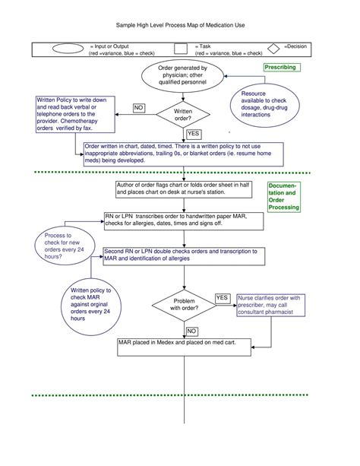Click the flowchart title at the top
181,25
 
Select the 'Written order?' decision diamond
183,115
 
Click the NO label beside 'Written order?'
139,108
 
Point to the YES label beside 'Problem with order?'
222,297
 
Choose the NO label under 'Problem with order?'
191,331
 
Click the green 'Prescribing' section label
280,68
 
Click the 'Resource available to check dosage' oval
262,103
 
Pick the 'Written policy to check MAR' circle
90,305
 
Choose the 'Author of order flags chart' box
185,189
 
